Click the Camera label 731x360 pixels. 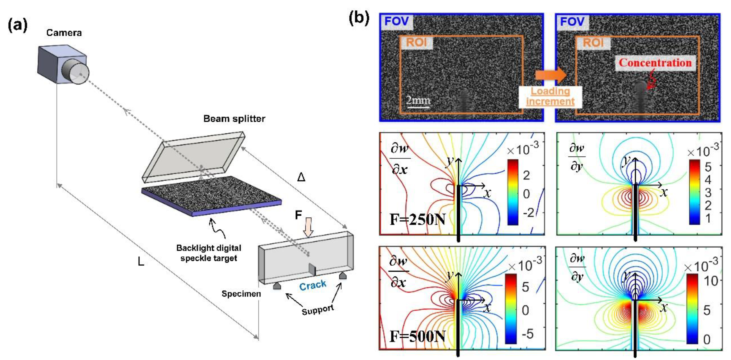click(64, 33)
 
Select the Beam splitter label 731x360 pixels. click(234, 119)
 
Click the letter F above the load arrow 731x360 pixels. click(298, 215)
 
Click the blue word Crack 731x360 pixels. click(313, 285)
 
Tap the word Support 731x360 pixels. click(318, 310)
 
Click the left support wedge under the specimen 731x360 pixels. click(277, 286)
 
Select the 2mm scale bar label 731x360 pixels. click(418, 100)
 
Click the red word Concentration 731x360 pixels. click(655, 63)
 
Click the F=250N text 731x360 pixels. click(417, 220)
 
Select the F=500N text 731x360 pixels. click(417, 336)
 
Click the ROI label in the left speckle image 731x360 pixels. click(416, 43)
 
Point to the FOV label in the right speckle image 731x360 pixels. click(572, 22)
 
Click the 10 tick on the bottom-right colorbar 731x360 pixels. click(711, 281)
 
